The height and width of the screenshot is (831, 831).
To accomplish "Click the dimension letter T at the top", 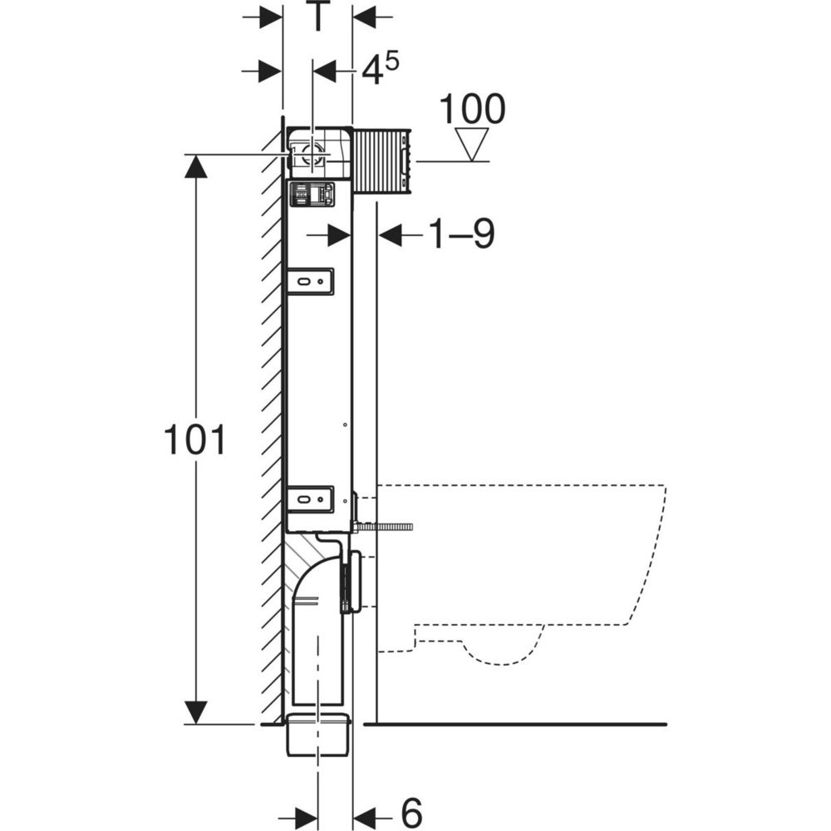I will tap(317, 17).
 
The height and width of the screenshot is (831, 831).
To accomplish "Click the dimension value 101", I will tap(194, 440).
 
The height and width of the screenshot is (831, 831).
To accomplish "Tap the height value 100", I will tap(471, 109).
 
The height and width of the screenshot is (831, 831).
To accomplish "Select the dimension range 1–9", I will tap(461, 236).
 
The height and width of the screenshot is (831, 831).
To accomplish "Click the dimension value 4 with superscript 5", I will tap(375, 71).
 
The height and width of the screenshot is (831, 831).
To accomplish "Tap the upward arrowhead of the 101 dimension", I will tap(194, 166).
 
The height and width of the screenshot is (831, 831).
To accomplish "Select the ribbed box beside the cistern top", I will tap(382, 161).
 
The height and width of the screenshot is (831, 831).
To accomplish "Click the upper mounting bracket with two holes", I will tap(311, 281).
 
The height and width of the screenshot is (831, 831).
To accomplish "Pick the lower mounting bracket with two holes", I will tap(311, 499).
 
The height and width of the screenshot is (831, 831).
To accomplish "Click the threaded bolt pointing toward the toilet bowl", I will tap(389, 526).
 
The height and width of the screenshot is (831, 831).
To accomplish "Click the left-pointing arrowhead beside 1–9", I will tap(391, 236).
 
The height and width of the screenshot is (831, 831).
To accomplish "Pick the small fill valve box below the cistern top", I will tap(311, 194).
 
